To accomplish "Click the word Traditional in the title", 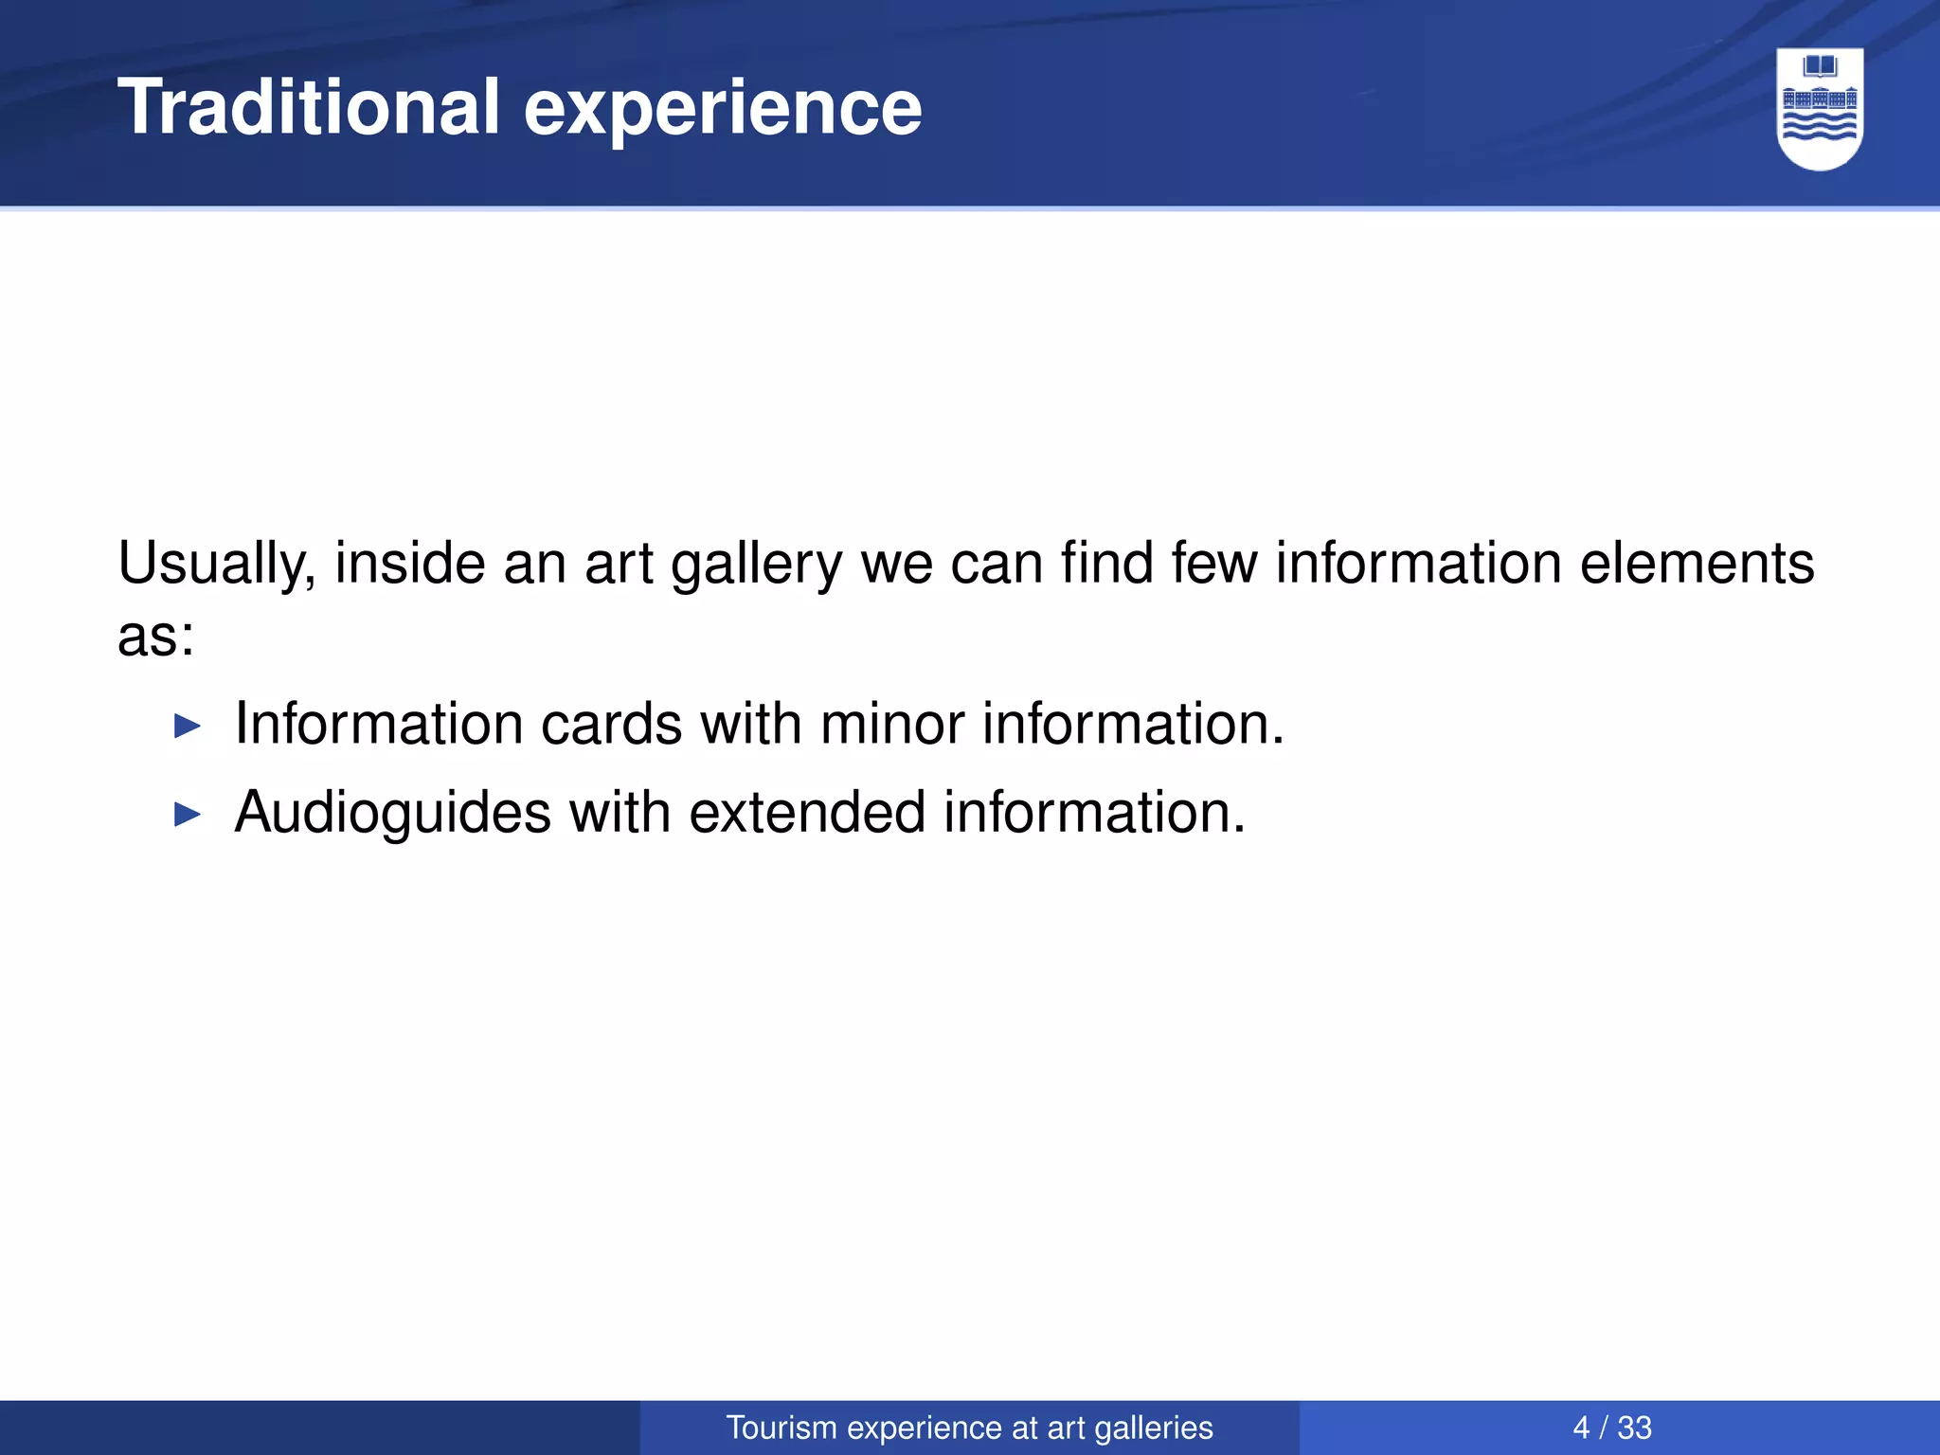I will click(x=308, y=107).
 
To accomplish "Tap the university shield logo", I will click(x=1820, y=109).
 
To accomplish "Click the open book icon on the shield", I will click(x=1820, y=67).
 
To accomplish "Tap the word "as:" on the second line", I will click(x=155, y=637).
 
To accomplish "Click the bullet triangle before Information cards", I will click(x=189, y=727).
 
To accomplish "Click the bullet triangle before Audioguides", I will click(x=189, y=815).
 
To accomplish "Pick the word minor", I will click(x=891, y=725).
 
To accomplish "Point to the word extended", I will click(x=807, y=813).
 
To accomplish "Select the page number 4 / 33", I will click(x=1611, y=1428).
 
